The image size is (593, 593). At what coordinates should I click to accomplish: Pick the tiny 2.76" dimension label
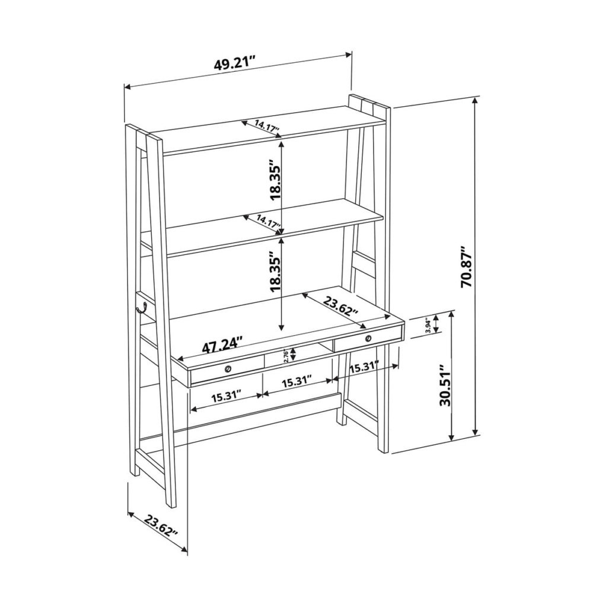pos(286,355)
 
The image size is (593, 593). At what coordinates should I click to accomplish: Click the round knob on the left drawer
pos(228,369)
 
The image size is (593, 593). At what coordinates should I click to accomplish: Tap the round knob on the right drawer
pos(368,338)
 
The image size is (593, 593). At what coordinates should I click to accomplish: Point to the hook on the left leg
pos(142,307)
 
